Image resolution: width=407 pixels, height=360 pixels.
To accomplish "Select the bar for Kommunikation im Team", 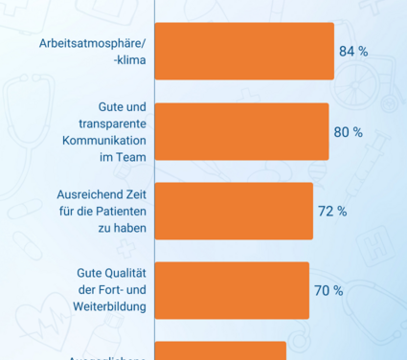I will point(241,131).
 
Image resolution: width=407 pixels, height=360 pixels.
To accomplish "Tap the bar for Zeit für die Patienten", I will point(234,211).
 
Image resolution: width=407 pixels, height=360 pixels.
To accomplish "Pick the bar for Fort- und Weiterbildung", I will point(232,290).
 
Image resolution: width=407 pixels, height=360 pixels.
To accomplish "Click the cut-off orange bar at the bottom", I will point(220,351).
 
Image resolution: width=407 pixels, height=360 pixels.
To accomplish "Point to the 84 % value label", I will point(353,52).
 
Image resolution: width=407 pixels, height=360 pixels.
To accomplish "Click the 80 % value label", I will point(348,131).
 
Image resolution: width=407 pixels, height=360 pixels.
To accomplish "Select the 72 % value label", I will point(331,211).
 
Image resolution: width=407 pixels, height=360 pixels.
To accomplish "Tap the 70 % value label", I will point(328,290).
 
